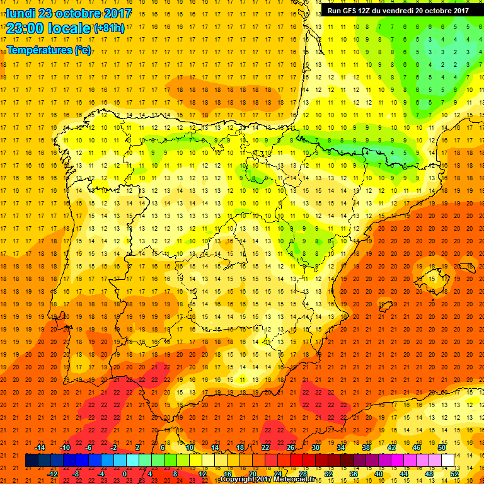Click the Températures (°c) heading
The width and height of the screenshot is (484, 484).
(x=49, y=50)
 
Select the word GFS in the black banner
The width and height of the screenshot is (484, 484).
(x=352, y=11)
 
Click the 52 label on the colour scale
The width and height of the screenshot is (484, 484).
(x=454, y=474)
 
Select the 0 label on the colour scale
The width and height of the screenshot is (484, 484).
(x=125, y=474)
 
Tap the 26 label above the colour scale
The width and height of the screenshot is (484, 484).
(x=291, y=447)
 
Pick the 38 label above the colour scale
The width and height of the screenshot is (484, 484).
(x=366, y=447)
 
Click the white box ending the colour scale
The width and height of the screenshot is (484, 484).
(x=447, y=461)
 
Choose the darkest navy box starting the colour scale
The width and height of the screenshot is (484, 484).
(x=32, y=461)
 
